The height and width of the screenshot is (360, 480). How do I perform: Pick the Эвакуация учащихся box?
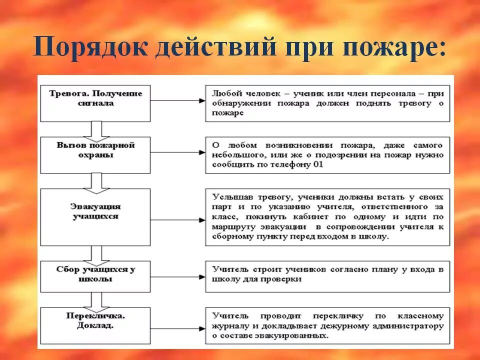tap(95, 216)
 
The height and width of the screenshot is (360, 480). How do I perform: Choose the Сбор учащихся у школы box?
tap(95, 276)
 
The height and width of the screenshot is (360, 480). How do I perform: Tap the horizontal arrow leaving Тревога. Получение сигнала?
tap(177, 101)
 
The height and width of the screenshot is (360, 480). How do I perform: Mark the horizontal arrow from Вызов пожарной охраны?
tap(177, 152)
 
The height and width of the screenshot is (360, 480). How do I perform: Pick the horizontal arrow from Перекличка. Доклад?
tap(177, 324)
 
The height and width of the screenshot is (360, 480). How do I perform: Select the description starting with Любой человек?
tap(327, 103)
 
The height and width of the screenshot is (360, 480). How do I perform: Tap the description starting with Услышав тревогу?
tap(327, 216)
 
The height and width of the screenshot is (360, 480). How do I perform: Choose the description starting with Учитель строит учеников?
tap(327, 274)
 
